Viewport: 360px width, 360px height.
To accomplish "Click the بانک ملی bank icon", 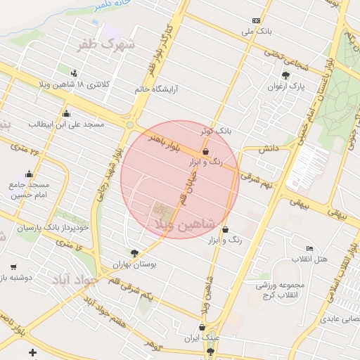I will coord(255,20).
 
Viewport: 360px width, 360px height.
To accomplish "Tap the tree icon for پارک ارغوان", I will coord(285,75).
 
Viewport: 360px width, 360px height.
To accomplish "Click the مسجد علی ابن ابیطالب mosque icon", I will coord(66,114).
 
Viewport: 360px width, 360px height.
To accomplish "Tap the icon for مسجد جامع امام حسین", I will coord(29,174).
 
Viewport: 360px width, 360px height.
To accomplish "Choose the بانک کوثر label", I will coord(215,131).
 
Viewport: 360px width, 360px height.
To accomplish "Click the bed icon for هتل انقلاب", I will coord(309,248).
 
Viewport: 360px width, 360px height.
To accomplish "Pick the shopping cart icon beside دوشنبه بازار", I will coord(13,267).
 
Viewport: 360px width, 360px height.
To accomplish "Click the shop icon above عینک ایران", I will coord(203,326).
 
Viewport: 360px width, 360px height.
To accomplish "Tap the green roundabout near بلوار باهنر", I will coord(130,125).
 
